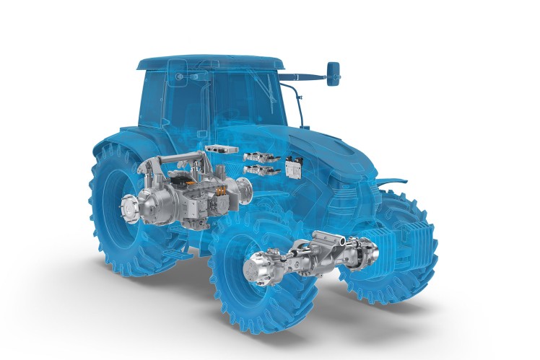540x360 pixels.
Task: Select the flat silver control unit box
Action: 219,149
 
